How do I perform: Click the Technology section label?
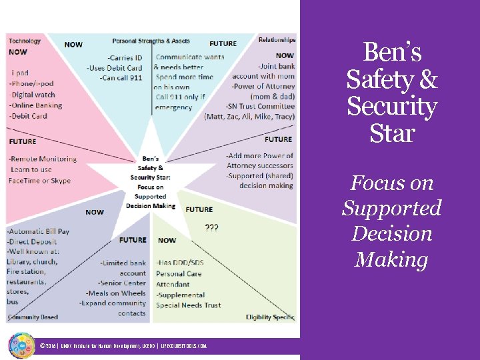coord(25,41)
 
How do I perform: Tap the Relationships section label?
coord(277,41)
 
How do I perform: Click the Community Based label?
coord(33,317)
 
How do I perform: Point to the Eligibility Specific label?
coord(270,317)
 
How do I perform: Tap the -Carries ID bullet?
coord(125,58)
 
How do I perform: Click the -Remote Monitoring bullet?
coord(43,159)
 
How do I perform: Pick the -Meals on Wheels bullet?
coord(115,293)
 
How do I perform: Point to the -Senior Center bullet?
coord(122,283)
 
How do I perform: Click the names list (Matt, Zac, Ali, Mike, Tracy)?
coord(249,117)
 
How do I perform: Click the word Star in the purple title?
coord(391,133)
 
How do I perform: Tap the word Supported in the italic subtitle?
coord(391,208)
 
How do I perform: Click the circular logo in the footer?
coord(21,345)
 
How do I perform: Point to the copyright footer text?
coord(123,346)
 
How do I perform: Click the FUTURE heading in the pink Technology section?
coord(23,141)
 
